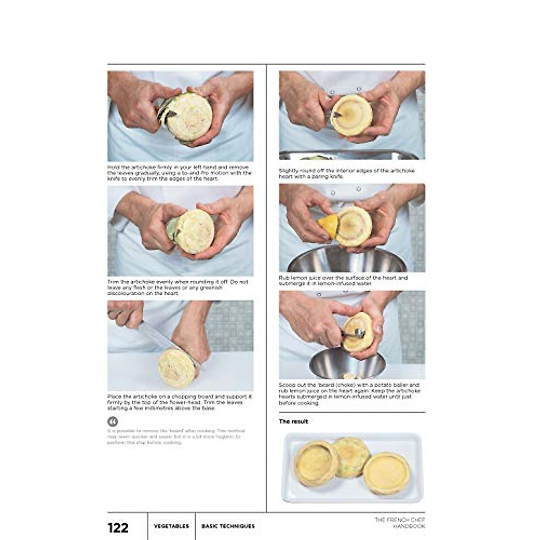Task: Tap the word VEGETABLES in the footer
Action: tap(171, 526)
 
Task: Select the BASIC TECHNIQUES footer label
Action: tap(228, 526)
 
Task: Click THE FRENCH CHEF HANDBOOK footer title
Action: tap(400, 523)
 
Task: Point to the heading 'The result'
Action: tap(293, 422)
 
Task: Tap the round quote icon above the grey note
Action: tap(112, 422)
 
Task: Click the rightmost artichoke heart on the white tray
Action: tap(386, 473)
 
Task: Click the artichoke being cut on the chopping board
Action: tap(176, 368)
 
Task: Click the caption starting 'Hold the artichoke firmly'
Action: tap(179, 173)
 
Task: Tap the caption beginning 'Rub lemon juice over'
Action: tap(343, 281)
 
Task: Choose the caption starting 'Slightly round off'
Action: tap(346, 174)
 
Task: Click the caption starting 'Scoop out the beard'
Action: tap(349, 394)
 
